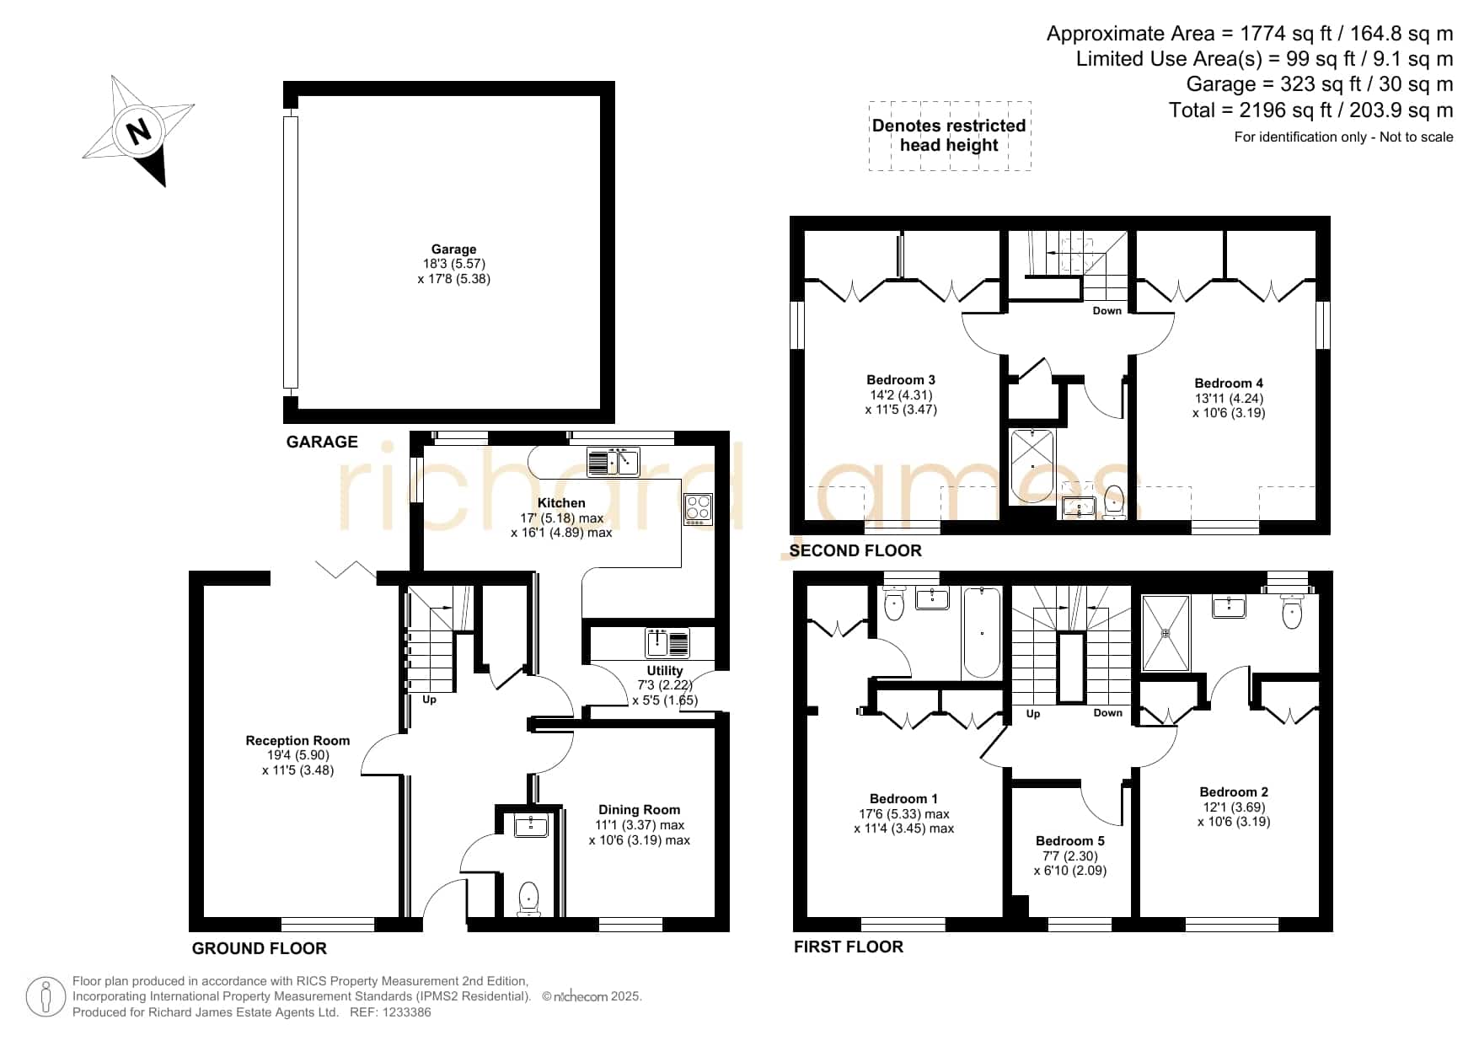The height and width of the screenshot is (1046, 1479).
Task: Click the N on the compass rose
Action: point(138,131)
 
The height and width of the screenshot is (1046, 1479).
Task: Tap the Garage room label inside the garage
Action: point(453,249)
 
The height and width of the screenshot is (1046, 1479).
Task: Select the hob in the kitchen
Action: point(699,510)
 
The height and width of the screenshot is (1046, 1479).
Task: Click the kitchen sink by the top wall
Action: point(614,462)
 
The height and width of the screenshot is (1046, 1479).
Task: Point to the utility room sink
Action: point(667,643)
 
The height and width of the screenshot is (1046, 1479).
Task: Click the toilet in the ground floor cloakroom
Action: point(528,898)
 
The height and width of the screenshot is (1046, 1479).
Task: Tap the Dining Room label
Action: point(639,810)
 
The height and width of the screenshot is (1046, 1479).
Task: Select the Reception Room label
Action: point(297,741)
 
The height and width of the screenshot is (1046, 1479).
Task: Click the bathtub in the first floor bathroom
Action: point(982,632)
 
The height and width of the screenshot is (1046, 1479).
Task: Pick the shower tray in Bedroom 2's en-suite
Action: point(1166,633)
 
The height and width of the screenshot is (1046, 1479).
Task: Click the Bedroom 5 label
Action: point(1070,841)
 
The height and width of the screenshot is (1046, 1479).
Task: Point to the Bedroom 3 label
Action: point(901,380)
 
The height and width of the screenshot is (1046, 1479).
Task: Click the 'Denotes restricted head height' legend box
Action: point(950,136)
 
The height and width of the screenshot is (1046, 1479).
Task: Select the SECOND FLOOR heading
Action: point(855,550)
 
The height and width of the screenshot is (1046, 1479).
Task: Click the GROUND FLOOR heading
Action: point(260,948)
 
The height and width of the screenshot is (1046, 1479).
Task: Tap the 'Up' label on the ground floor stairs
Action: point(429,700)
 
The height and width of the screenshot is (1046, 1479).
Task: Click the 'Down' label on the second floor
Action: point(1107,311)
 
